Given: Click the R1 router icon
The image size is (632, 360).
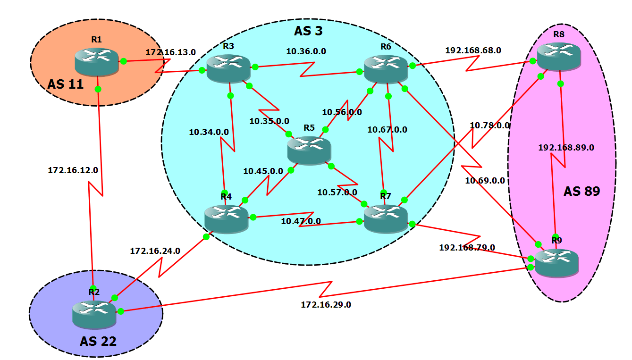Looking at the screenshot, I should [96, 61].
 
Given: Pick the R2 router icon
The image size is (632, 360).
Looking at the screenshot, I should [94, 314].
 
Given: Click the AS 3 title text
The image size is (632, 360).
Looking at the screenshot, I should [308, 31].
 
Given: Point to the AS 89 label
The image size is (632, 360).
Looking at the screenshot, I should [581, 191].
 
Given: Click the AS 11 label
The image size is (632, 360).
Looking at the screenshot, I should [65, 84].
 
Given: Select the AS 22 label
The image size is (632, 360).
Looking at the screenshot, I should [98, 341].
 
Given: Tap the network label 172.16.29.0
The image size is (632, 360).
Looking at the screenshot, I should [326, 305].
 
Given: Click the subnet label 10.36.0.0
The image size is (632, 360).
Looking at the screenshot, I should [306, 51].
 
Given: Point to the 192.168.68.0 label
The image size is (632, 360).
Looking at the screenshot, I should [473, 50].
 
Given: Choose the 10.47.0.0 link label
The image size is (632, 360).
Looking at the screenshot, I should [301, 221].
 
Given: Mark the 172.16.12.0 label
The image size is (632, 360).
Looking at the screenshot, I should [73, 170].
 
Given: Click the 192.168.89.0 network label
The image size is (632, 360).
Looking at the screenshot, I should [566, 148].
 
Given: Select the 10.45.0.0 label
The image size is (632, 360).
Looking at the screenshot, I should [263, 171].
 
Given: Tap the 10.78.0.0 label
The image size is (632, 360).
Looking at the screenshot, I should [489, 126].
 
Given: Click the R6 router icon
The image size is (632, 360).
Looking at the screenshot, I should [386, 68].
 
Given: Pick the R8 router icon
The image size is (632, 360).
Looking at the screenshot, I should [559, 56].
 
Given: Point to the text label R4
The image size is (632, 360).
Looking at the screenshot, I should [226, 196].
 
